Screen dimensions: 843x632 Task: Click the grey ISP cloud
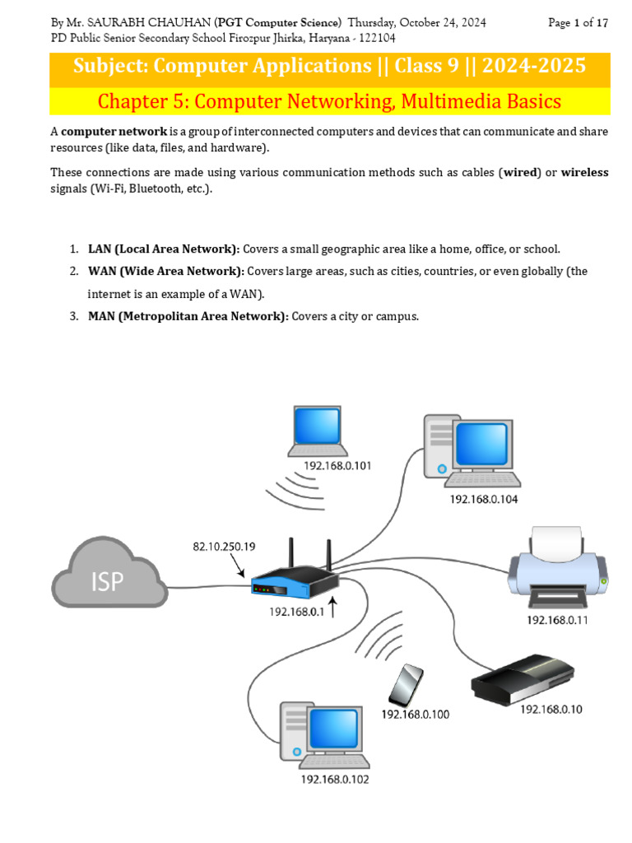click(x=107, y=577)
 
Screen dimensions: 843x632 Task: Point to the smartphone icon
click(x=406, y=685)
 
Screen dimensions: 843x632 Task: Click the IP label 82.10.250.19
click(x=224, y=545)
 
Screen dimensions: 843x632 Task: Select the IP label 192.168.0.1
click(x=297, y=612)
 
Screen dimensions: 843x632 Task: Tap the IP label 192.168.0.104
click(x=483, y=499)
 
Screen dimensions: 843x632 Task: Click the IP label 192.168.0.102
click(x=335, y=780)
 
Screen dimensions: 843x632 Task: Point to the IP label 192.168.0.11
click(x=557, y=620)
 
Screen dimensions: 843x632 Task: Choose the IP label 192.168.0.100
click(x=415, y=715)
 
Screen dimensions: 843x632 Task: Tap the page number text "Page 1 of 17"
click(x=578, y=23)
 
